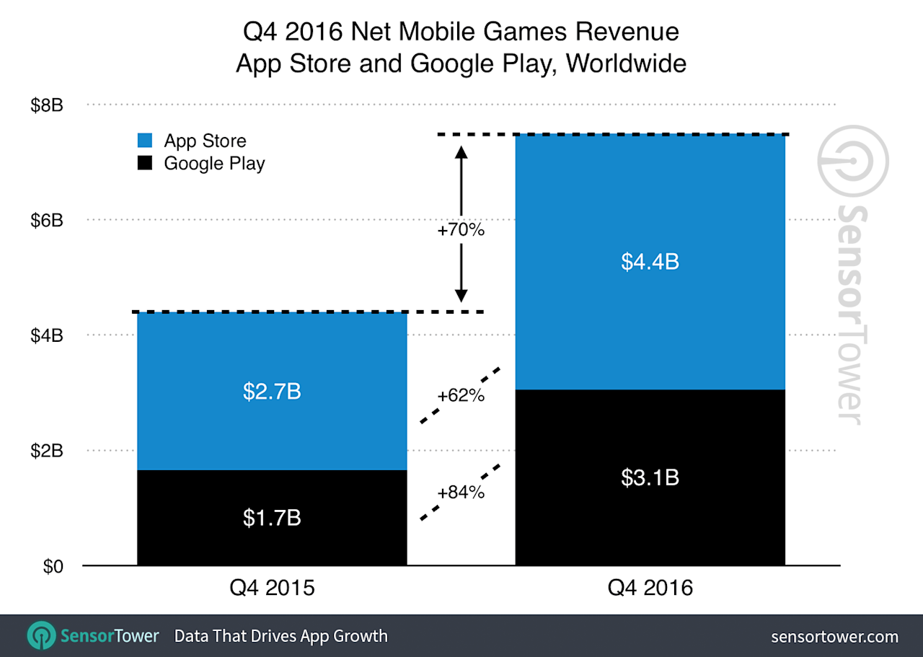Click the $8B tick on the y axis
click(x=47, y=105)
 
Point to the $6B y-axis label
click(x=47, y=221)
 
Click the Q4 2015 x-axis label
click(x=272, y=588)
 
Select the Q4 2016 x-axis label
click(x=650, y=588)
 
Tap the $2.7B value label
click(x=272, y=392)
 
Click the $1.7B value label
click(x=272, y=518)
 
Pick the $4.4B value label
click(x=650, y=263)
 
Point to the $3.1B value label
click(x=650, y=477)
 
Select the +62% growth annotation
click(x=461, y=396)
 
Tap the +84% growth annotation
click(x=461, y=493)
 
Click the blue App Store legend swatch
click(x=145, y=141)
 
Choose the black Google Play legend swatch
click(x=145, y=163)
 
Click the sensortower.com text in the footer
click(x=834, y=637)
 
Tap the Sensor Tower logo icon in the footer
click(x=42, y=636)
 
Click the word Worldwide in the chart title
click(x=626, y=63)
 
